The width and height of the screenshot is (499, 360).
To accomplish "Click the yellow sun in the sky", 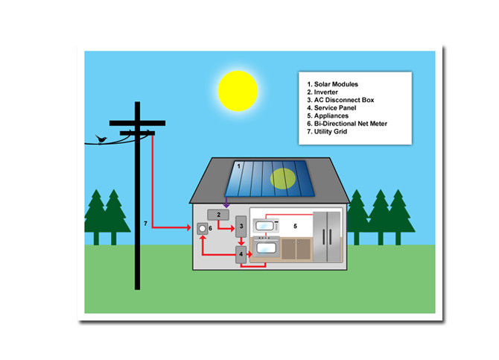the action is [x=238, y=91].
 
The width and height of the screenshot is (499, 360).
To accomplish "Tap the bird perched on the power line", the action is [x=101, y=139].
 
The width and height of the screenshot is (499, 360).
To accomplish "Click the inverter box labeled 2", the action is [x=218, y=215].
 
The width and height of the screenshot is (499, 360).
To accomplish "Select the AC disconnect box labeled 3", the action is [x=241, y=226].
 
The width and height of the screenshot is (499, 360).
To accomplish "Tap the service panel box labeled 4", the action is [x=241, y=255].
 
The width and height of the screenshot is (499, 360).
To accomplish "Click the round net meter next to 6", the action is [x=202, y=228].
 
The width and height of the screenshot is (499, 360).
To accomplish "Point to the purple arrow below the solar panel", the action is [x=226, y=202].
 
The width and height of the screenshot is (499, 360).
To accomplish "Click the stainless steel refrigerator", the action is [x=327, y=237].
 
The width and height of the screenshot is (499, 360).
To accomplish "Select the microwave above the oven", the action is [x=266, y=226].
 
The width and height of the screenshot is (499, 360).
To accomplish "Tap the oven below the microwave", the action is [x=266, y=247].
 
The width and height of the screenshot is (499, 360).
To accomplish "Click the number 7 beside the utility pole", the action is [x=145, y=224].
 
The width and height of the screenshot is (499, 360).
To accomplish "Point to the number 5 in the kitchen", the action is [x=296, y=226].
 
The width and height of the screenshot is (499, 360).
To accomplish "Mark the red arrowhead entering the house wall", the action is [x=189, y=227].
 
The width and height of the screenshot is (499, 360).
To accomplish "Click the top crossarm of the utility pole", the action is [x=137, y=123].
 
